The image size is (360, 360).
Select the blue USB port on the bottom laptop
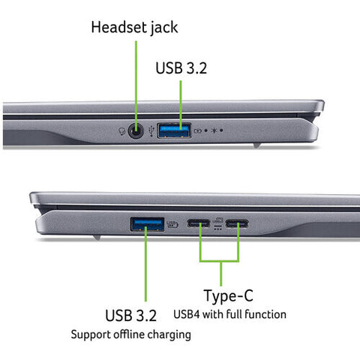(148, 223)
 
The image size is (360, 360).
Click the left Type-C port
(199, 223)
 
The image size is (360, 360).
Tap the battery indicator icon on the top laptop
(198, 130)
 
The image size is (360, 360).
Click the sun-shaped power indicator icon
(215, 130)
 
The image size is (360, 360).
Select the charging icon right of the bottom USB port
(172, 223)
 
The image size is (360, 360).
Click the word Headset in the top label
(118, 28)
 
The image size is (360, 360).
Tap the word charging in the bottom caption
(171, 334)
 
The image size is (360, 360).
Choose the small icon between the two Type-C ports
(218, 223)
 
